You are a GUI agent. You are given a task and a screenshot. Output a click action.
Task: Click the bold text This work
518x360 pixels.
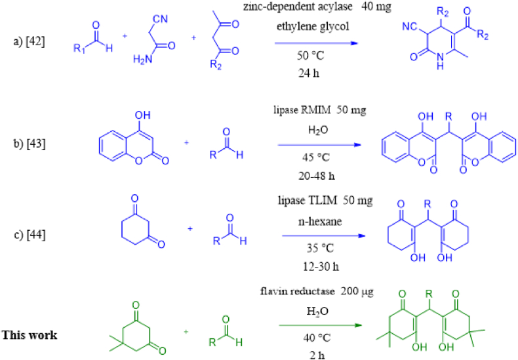(x=30, y=334)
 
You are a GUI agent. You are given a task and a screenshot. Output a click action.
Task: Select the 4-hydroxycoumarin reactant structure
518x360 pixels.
(x=129, y=138)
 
